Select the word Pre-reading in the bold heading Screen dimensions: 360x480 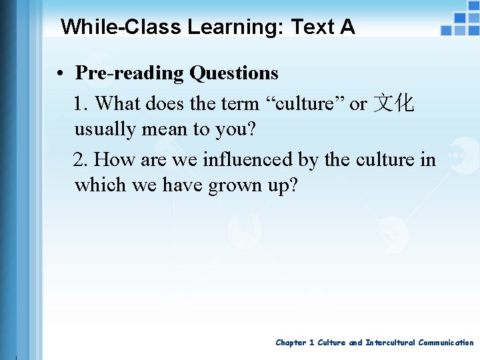pyautogui.click(x=130, y=73)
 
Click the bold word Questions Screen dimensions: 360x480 pyautogui.click(x=233, y=73)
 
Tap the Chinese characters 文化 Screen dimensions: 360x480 pyautogui.click(x=394, y=104)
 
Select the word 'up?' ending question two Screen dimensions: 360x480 pyautogui.click(x=283, y=185)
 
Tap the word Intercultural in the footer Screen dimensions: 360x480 pyautogui.click(x=390, y=343)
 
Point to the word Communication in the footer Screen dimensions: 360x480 pyautogui.click(x=446, y=343)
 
